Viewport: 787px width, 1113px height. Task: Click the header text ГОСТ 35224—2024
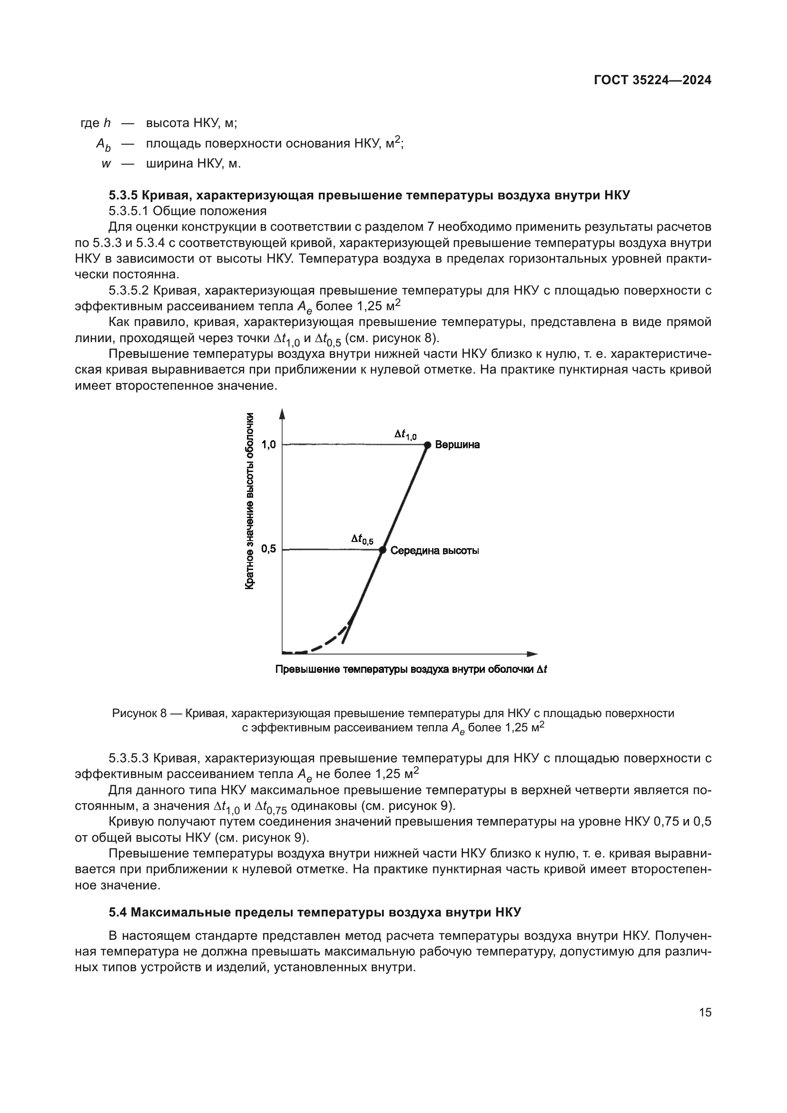click(x=652, y=80)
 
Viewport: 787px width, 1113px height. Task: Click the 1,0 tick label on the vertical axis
click(x=268, y=444)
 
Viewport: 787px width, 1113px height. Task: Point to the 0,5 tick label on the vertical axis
click(x=268, y=549)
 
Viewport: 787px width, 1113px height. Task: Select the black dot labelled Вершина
click(x=427, y=444)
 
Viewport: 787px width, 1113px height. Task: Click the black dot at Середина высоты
click(x=382, y=550)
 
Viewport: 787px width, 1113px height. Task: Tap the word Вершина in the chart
click(x=457, y=444)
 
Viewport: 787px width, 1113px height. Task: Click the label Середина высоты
click(x=435, y=551)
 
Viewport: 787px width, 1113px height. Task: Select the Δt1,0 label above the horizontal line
click(x=405, y=435)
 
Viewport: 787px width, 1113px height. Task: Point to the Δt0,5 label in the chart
click(x=362, y=539)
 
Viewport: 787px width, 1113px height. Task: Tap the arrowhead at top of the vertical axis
click(x=282, y=414)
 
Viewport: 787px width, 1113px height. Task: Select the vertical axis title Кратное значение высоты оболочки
click(x=250, y=501)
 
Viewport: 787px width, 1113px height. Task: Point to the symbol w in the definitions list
click(x=106, y=164)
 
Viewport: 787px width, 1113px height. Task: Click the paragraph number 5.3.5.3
click(x=129, y=758)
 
